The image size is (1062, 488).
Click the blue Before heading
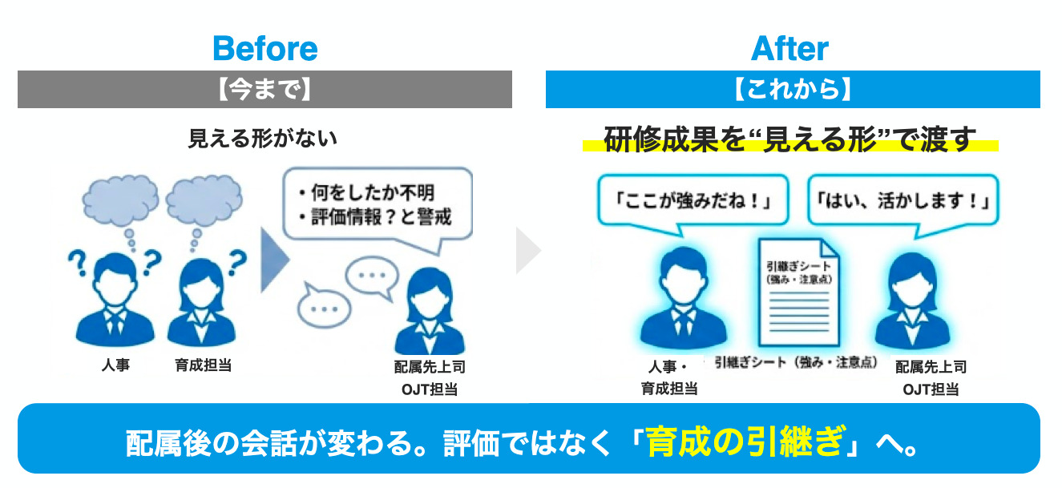point(265,48)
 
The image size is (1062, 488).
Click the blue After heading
point(789,48)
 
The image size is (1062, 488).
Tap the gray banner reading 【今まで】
point(264,89)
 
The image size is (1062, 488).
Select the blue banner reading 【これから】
point(793,89)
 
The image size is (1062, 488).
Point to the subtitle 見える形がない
point(263,139)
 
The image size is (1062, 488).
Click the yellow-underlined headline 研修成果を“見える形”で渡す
point(789,139)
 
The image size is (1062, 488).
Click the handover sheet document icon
point(799,292)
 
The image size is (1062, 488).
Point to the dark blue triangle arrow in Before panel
point(275,260)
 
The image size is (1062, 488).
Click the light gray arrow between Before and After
point(528,251)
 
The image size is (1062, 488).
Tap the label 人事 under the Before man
point(115,365)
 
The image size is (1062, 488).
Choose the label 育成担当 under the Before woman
point(203,365)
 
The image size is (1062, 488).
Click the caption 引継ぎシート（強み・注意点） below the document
point(796,362)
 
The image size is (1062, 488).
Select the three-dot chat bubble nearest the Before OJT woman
point(372,276)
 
